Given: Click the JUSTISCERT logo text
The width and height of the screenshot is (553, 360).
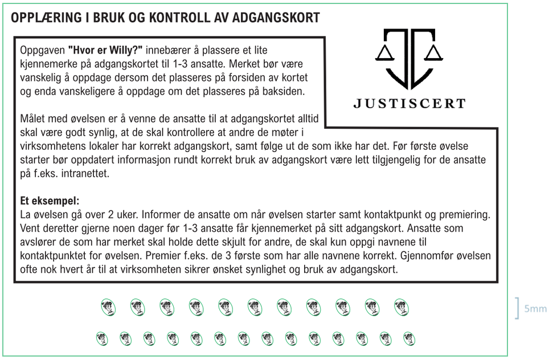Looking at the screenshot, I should [409, 104].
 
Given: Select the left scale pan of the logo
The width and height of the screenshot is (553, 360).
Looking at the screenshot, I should [384, 54].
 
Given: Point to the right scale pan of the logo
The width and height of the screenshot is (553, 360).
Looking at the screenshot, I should [434, 54].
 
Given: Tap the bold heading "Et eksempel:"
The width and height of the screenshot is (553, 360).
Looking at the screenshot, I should [50, 201].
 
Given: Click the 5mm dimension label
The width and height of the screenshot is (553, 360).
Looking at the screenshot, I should [535, 309].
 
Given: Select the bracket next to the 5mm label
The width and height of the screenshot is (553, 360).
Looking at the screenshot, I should [518, 308].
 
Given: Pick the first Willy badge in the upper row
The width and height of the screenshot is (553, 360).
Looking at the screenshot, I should [108, 308].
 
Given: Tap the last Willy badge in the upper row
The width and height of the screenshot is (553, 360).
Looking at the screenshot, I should [402, 308].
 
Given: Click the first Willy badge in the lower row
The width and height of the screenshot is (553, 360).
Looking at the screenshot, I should [102, 338].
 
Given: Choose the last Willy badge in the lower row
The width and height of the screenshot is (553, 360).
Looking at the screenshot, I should [408, 338].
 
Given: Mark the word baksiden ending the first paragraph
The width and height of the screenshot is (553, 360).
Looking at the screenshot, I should [288, 91].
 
